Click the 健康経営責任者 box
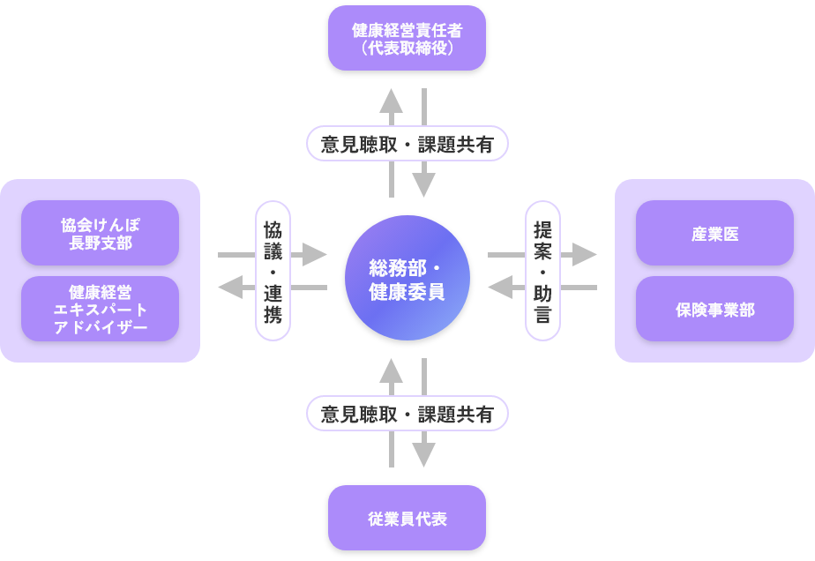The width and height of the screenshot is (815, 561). [407, 38]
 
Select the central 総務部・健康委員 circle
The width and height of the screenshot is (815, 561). [407, 278]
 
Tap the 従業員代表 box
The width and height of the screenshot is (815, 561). [407, 518]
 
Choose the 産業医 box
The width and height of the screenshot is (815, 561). [714, 234]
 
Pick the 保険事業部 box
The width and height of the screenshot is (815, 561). [714, 310]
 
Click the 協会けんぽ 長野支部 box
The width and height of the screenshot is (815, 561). [100, 234]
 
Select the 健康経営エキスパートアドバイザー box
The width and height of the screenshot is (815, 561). [100, 310]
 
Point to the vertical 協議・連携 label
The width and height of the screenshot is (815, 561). [273, 271]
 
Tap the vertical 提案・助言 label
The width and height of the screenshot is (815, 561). [542, 271]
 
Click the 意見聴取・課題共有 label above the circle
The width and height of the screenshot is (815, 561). [407, 144]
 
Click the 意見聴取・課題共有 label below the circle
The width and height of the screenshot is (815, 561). [407, 414]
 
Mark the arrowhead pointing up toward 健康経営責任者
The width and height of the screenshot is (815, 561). [392, 100]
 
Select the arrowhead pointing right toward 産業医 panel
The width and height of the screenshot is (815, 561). [586, 255]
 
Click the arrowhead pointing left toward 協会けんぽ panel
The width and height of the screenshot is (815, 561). [230, 287]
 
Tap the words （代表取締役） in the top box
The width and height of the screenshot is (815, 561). [407, 48]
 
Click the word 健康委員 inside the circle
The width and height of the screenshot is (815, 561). [407, 290]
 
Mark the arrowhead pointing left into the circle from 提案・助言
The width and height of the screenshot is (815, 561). [500, 287]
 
